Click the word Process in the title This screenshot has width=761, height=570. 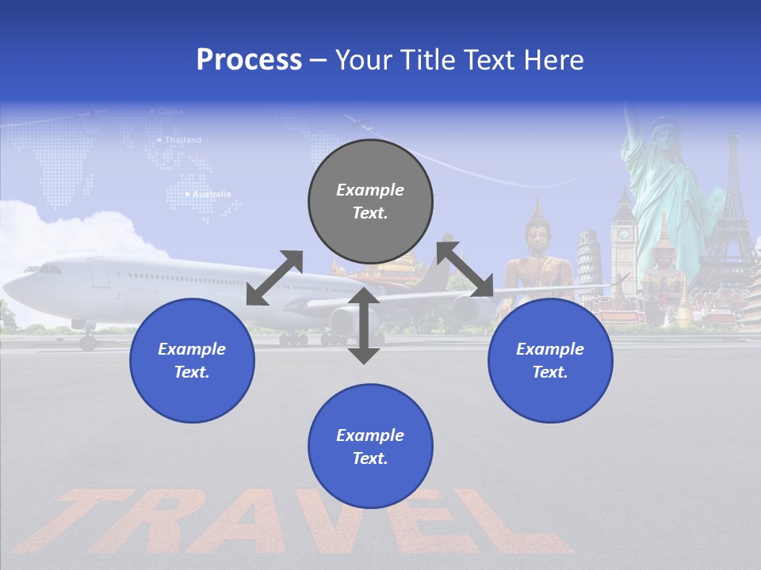click(249, 60)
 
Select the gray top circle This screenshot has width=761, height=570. click(370, 201)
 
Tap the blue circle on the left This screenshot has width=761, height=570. click(192, 360)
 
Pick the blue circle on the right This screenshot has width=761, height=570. click(550, 360)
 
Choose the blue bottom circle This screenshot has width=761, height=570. click(370, 446)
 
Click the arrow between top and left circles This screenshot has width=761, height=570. click(274, 278)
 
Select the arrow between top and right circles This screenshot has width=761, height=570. click(465, 269)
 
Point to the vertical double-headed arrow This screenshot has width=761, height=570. click(364, 325)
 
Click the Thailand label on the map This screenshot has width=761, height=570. click(182, 140)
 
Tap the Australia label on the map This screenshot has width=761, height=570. click(212, 194)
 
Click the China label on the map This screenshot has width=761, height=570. click(170, 112)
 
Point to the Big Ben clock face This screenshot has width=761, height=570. click(624, 234)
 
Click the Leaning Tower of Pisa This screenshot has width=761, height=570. click(587, 265)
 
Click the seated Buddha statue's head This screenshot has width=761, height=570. click(537, 230)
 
